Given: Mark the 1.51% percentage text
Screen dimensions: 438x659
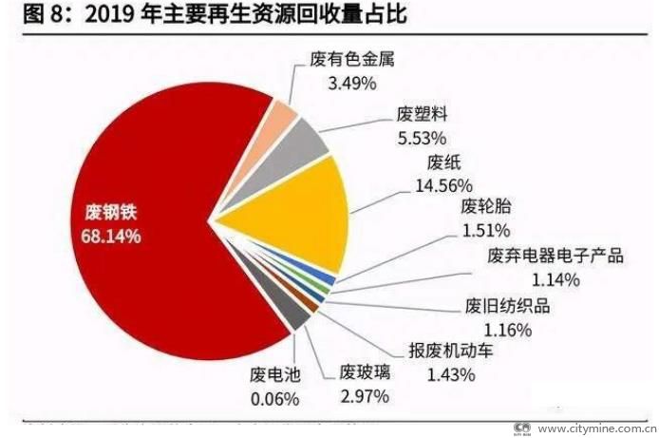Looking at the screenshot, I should click(486, 230).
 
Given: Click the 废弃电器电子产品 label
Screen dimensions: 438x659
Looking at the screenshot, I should click(555, 257).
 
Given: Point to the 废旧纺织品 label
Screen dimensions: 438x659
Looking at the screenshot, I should click(507, 306).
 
